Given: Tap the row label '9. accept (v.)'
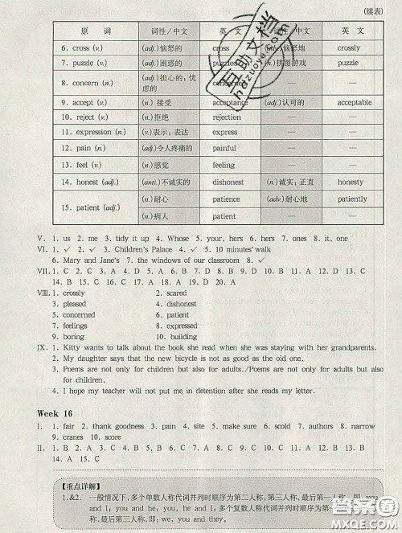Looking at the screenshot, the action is (83, 103).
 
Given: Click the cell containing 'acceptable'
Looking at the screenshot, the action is (354, 103).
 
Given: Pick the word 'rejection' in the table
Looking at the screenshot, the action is (227, 117).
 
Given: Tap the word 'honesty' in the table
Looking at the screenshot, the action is (351, 182).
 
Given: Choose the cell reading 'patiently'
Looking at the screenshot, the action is (352, 199).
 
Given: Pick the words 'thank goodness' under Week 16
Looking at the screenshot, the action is (119, 426).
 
